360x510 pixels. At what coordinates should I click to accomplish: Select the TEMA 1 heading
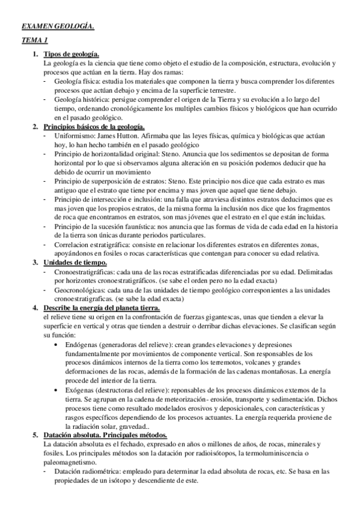click(x=34, y=40)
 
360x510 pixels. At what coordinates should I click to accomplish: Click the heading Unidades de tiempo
click(x=75, y=262)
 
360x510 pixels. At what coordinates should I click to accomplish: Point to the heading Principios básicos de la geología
click(x=94, y=127)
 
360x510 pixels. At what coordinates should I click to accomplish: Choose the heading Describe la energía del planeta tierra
click(x=109, y=307)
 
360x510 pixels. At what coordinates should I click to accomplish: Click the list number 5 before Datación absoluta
click(x=35, y=434)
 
